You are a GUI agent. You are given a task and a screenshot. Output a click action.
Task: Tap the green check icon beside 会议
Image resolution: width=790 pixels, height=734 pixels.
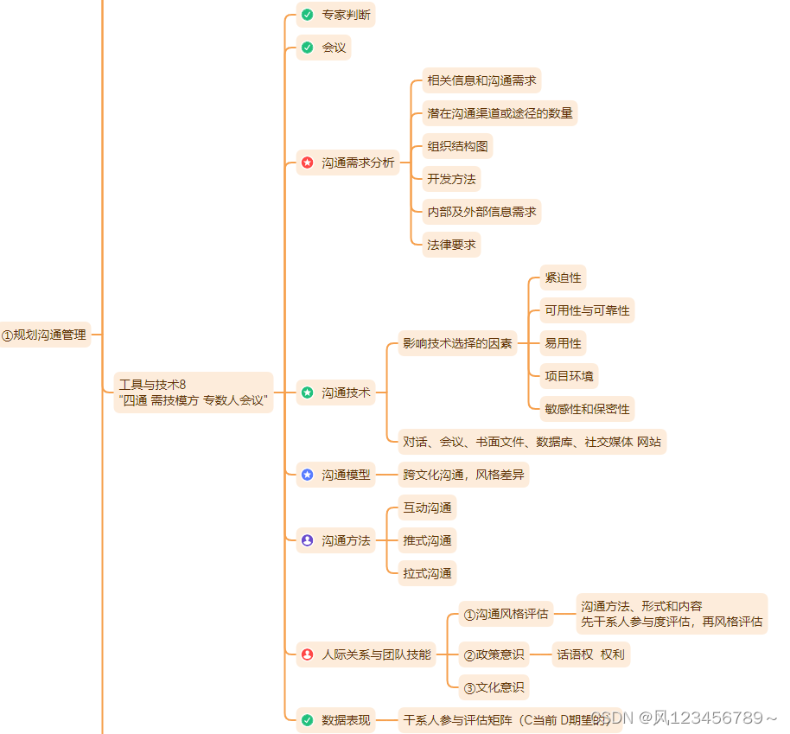307,48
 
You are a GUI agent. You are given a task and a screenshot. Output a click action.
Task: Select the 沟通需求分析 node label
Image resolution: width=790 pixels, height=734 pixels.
358,163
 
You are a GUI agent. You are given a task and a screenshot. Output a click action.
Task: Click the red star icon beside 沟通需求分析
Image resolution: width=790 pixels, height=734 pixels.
307,163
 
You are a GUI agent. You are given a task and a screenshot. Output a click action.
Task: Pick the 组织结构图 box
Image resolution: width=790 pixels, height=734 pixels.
457,146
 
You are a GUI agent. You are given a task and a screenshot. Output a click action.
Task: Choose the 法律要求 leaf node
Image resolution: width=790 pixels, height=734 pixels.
451,245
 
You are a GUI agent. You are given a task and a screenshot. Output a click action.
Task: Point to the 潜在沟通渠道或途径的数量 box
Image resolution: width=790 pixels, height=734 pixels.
500,113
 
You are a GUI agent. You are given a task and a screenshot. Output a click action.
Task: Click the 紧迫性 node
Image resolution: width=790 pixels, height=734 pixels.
563,278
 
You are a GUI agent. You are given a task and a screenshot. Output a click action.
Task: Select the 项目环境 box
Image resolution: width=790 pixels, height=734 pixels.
569,376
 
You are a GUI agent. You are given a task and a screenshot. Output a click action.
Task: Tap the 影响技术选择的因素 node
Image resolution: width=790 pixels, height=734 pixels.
457,343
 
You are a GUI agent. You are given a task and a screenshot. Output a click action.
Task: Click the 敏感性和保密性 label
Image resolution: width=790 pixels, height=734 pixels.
587,409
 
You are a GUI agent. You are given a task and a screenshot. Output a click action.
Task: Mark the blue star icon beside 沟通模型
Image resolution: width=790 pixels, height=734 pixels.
307,475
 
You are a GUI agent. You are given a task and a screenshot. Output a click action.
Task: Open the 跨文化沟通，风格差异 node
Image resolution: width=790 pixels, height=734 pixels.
463,475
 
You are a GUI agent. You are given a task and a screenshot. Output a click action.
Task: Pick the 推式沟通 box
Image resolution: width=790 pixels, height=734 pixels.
427,540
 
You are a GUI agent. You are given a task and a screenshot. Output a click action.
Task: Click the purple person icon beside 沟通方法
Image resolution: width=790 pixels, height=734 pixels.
307,540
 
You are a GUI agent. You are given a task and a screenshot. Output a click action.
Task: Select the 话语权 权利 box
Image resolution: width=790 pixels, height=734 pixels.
591,654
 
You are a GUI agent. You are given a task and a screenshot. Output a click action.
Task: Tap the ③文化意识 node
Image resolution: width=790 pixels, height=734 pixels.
494,687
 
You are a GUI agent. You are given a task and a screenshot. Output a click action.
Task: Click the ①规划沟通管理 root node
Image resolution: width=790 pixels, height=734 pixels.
45,335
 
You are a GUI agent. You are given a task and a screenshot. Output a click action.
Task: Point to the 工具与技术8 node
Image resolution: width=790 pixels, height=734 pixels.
194,393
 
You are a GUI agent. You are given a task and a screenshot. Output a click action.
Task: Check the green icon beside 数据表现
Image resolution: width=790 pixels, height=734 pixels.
307,719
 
